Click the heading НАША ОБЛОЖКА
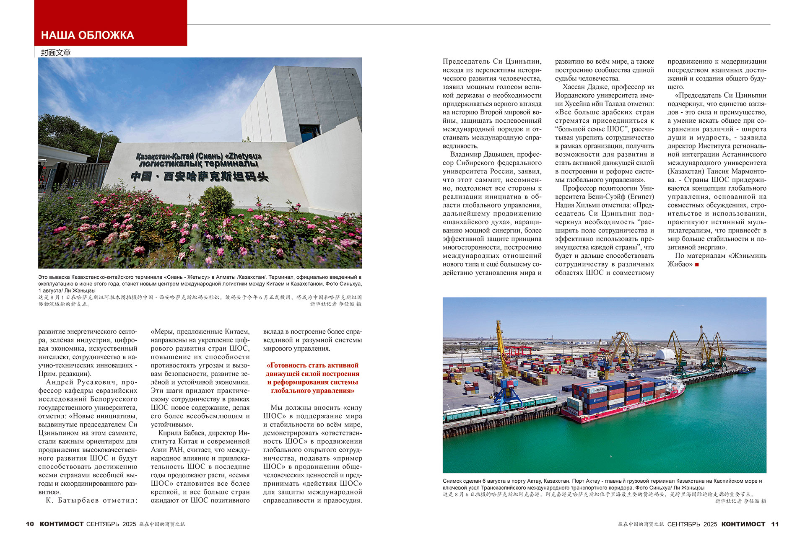point(87,35)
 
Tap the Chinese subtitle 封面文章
point(56,52)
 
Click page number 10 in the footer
point(30,524)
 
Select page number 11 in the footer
point(775,524)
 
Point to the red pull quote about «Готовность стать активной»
point(312,378)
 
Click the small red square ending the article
point(697,264)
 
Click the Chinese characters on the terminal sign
point(199,176)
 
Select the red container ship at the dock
point(625,398)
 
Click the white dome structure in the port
point(665,354)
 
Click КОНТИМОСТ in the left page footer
point(62,524)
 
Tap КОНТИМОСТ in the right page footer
point(743,524)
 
